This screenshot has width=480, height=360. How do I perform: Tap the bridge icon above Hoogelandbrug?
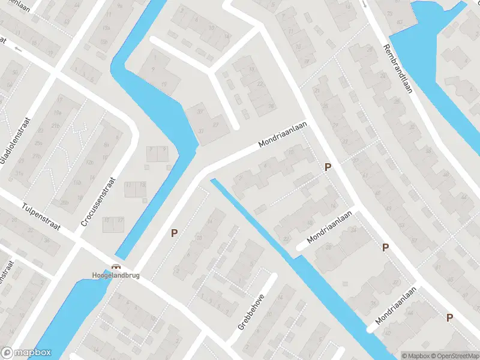click(x=116, y=268)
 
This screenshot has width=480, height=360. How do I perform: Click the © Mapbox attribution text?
click(x=415, y=356)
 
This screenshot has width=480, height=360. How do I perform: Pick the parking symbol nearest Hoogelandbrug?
click(x=175, y=233)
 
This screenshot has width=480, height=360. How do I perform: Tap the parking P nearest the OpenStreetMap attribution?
click(x=449, y=317)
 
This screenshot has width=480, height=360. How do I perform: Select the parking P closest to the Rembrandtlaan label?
click(x=328, y=167)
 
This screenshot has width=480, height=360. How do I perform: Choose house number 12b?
click(x=91, y=162)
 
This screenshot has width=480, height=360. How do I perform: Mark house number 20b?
click(x=65, y=203)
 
